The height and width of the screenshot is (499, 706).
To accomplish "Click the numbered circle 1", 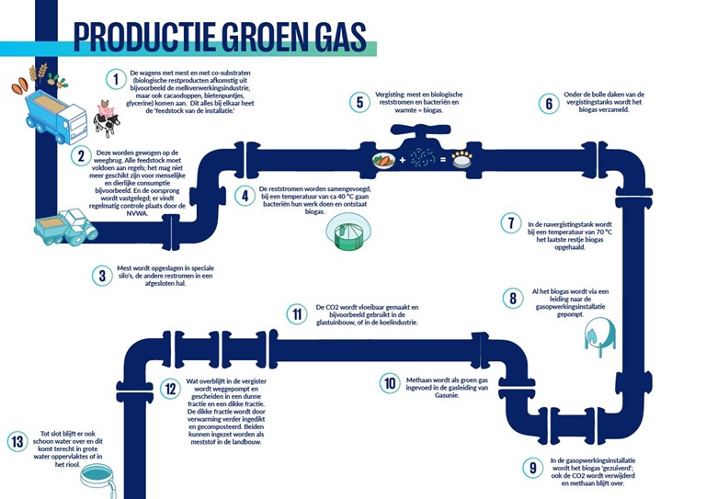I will pyautogui.click(x=116, y=79).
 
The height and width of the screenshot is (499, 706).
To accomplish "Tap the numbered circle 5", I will pyautogui.click(x=358, y=102).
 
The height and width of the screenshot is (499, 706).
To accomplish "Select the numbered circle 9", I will pyautogui.click(x=532, y=467).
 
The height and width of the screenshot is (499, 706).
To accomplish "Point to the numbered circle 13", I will pyautogui.click(x=16, y=440).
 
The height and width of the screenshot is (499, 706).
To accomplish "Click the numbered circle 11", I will pyautogui.click(x=297, y=313).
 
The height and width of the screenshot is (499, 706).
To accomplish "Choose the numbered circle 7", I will pyautogui.click(x=511, y=222).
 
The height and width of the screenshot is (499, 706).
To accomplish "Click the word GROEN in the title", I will pyautogui.click(x=261, y=36).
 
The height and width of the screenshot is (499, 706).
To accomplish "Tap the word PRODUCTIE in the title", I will pyautogui.click(x=142, y=36).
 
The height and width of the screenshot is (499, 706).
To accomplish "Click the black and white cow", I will pyautogui.click(x=107, y=121).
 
